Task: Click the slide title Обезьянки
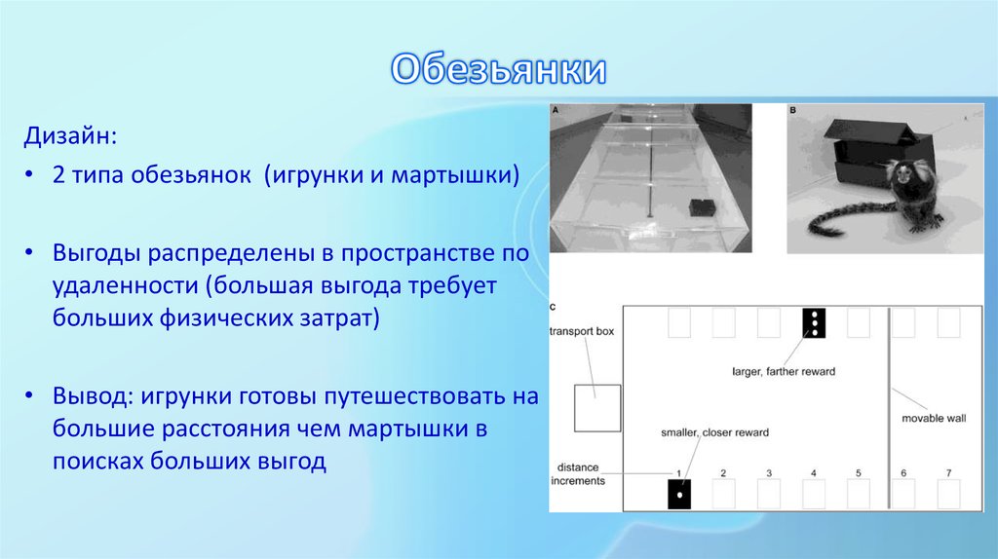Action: coord(499,70)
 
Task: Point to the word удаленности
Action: coord(123,286)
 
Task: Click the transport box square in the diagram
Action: coord(596,408)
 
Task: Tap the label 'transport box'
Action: coord(582,331)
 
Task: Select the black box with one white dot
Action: coord(678,494)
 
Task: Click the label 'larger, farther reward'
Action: coord(784,371)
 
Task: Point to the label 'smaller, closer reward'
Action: coord(714,432)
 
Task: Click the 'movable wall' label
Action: coord(933,417)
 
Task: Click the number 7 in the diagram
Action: coord(948,473)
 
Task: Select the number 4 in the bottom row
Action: coord(813,473)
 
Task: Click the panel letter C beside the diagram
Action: coord(554,308)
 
